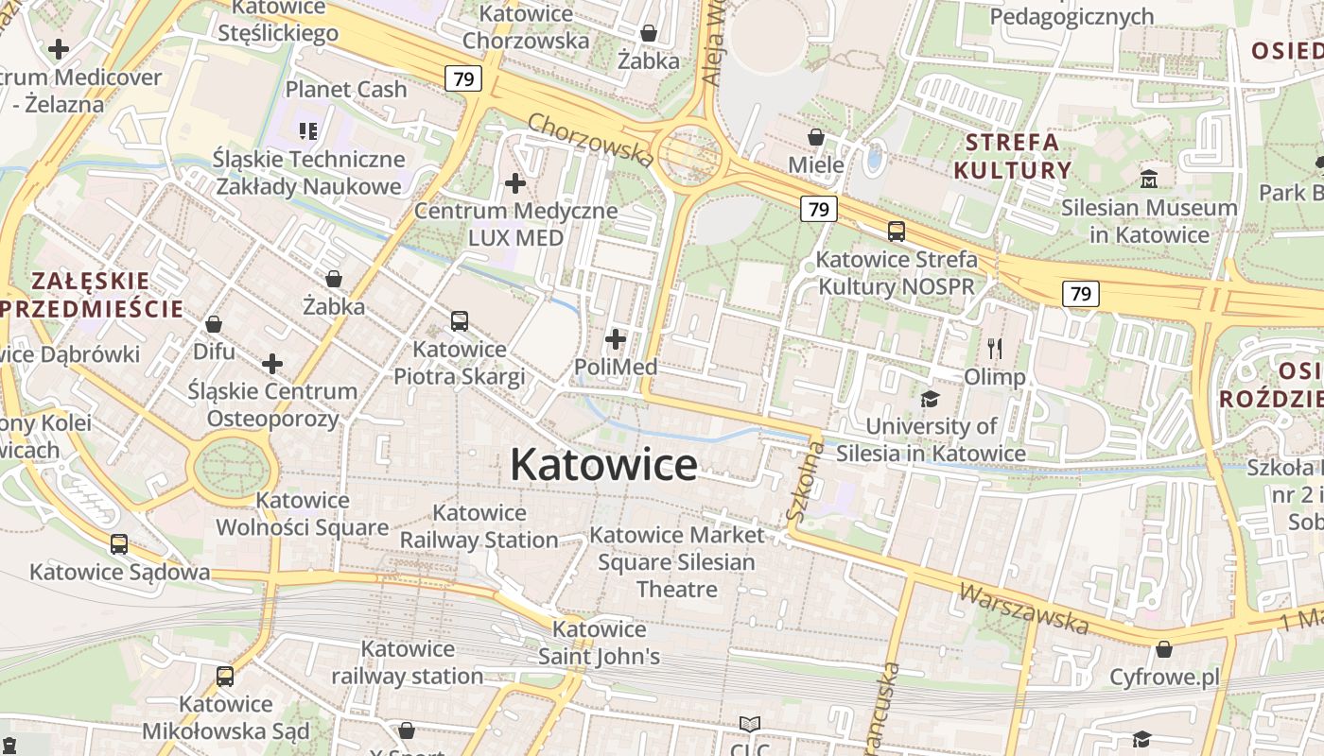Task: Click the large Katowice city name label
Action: coord(603,464)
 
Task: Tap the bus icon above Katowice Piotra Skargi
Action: coord(460,321)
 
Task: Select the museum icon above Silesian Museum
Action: coord(1149,179)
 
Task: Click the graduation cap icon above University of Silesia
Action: coord(931,399)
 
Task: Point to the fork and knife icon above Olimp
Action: coord(994,349)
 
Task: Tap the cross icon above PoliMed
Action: coord(616,338)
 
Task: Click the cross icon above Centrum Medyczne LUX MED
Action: coord(515,182)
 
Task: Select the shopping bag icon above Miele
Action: coord(816,138)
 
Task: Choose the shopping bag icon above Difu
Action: coord(214,324)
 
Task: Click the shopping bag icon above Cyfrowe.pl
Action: coord(1164,649)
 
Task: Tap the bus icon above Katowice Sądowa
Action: coord(119,544)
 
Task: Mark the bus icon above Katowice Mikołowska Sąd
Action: coord(225,677)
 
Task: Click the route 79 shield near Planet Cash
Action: coord(463,78)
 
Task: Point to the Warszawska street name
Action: coord(1023,608)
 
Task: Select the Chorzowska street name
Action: coord(590,139)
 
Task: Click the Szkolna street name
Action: coord(805,484)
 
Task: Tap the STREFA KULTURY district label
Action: coord(1012,157)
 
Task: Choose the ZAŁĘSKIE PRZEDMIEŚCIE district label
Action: coord(91,294)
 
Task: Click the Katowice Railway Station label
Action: coord(479,526)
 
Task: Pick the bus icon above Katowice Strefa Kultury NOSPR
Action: coord(896,232)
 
